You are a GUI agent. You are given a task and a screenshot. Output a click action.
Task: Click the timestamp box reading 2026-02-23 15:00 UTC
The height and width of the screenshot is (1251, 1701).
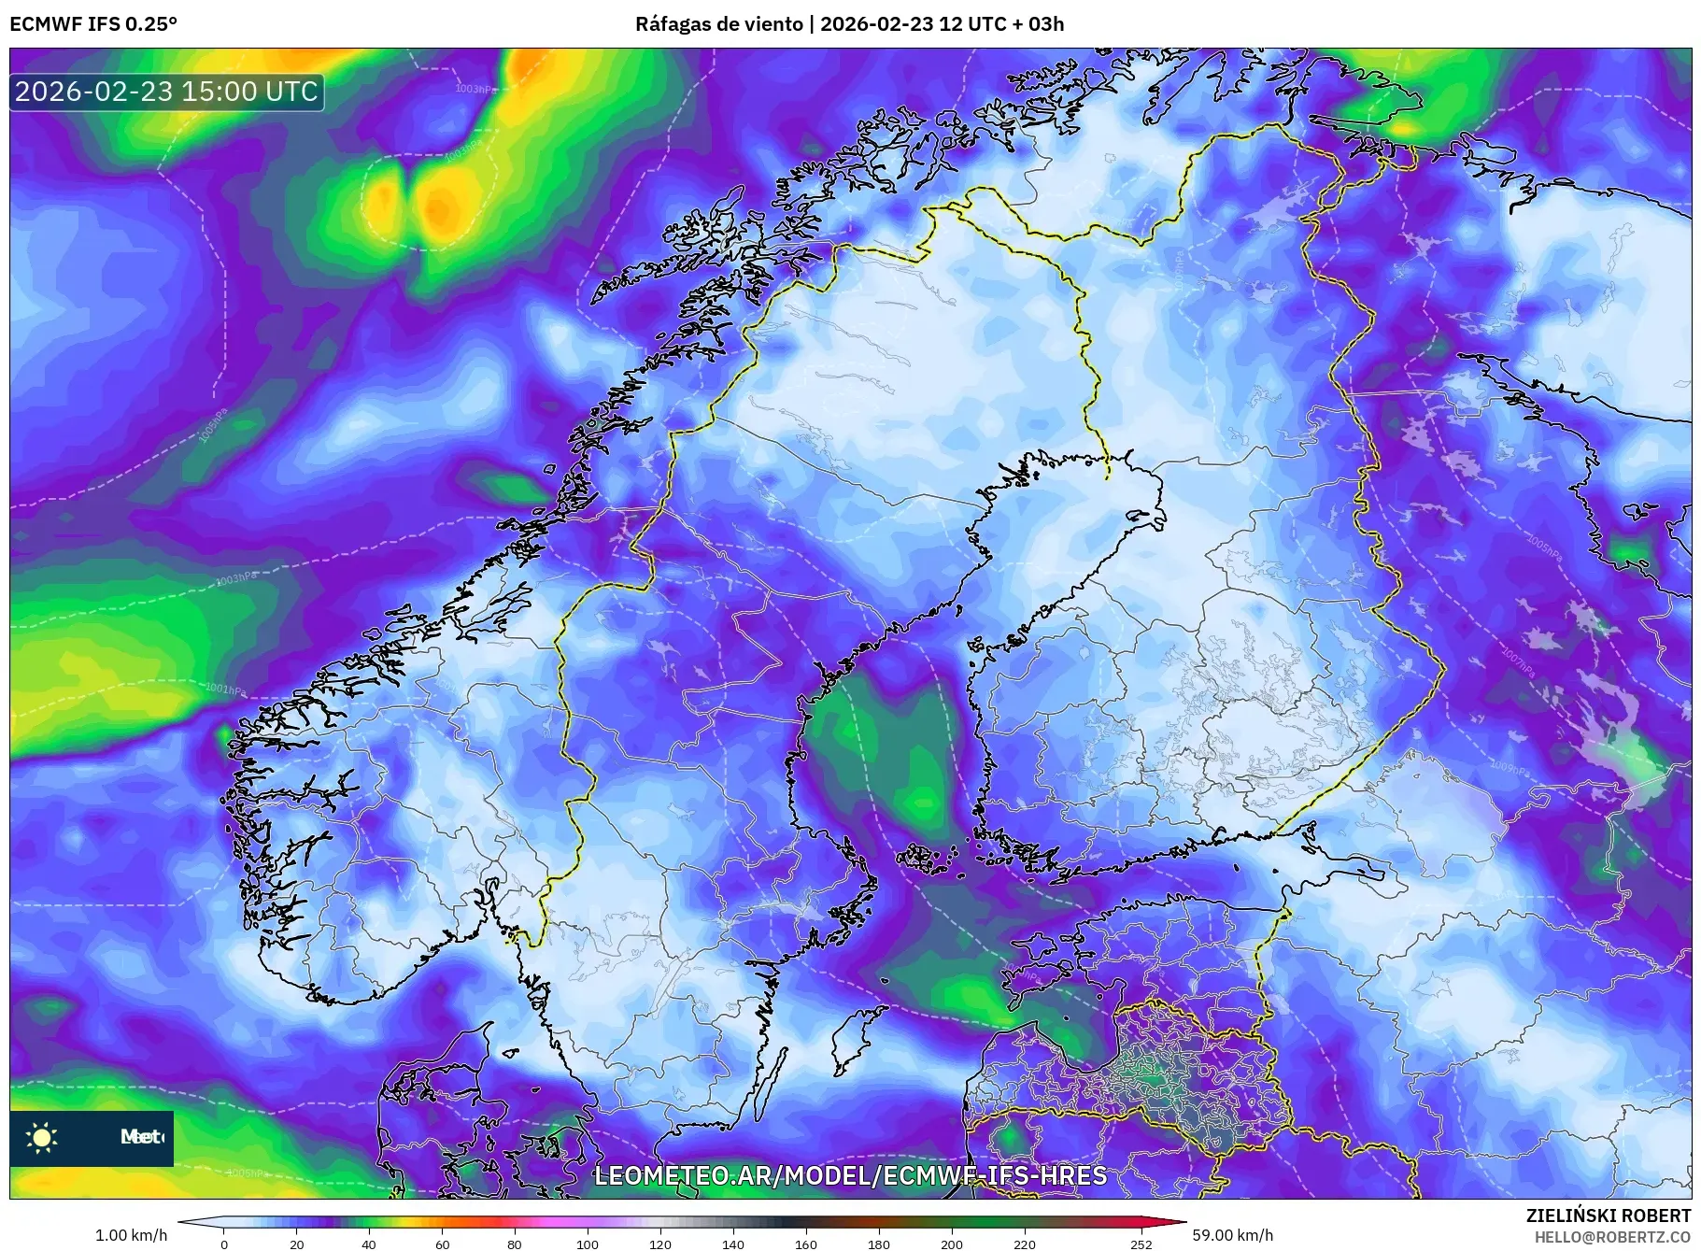(x=166, y=92)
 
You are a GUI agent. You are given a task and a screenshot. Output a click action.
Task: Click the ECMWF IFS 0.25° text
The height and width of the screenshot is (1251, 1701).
(x=93, y=24)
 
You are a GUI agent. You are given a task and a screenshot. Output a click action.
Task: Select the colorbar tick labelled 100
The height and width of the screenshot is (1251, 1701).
(x=587, y=1244)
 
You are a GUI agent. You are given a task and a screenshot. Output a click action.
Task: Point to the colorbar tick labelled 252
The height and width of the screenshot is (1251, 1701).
(x=1141, y=1244)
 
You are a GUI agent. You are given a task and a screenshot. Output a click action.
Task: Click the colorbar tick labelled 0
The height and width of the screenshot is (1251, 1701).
(x=223, y=1244)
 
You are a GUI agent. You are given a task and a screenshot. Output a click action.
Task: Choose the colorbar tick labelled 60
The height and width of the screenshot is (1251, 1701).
(x=442, y=1244)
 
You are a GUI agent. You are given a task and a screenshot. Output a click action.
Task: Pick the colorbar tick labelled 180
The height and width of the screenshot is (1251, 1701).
(x=878, y=1244)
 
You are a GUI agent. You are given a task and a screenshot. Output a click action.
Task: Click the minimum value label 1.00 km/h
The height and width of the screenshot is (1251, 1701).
(x=132, y=1235)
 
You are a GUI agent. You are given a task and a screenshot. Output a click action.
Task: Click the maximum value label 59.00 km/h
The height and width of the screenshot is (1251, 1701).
(x=1232, y=1235)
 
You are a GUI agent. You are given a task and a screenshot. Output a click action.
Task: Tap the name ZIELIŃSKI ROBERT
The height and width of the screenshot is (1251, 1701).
(x=1608, y=1215)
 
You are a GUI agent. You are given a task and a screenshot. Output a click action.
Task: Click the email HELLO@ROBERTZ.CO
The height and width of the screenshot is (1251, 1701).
(x=1612, y=1237)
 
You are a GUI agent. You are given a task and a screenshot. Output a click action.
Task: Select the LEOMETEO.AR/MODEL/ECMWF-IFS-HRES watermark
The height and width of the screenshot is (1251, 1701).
(x=850, y=1175)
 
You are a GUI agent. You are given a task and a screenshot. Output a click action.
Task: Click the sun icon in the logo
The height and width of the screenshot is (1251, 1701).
(x=42, y=1137)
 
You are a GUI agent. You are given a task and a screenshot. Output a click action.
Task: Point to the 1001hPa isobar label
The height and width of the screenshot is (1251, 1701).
(x=225, y=690)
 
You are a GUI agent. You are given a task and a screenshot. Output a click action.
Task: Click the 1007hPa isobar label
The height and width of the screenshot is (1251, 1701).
(x=1518, y=660)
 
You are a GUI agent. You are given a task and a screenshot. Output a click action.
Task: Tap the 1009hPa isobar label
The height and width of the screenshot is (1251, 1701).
(x=1509, y=769)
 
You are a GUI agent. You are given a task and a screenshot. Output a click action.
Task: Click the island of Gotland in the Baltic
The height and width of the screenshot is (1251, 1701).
(x=848, y=1040)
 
